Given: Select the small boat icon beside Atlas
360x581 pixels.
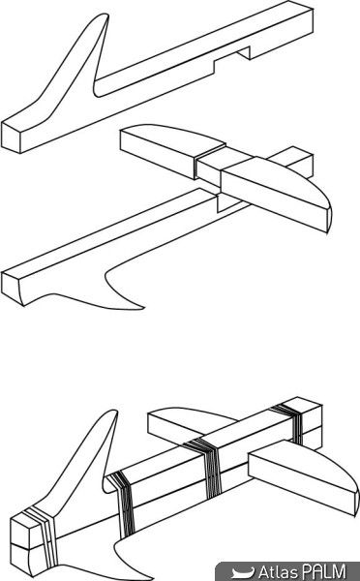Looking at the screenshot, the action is coord(243,572).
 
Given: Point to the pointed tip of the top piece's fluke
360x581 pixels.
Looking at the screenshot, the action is coord(106,15).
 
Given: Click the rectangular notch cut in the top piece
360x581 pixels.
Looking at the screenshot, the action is coord(232,58).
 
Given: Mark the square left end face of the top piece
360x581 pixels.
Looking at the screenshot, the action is coord(11,138).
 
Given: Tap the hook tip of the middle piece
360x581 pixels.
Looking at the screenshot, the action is coord(142,307).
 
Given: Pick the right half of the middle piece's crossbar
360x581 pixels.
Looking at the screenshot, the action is coord(276,194).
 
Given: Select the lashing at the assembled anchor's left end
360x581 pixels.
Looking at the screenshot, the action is coord(43,537).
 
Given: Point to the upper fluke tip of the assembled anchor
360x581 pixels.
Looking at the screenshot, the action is coord(114,412).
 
